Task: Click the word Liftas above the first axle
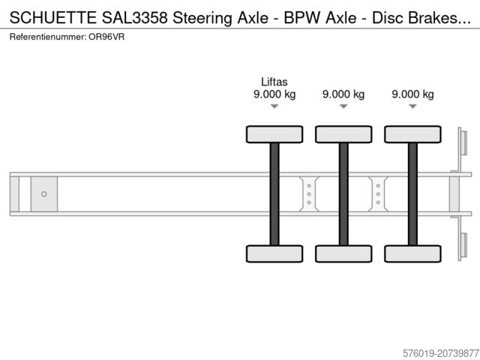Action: (x=274, y=82)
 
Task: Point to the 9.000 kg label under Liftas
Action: (x=274, y=94)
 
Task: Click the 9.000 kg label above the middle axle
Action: (x=343, y=94)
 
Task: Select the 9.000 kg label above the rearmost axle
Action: (x=412, y=94)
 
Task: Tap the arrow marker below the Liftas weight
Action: (x=274, y=106)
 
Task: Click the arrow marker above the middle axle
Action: (x=343, y=106)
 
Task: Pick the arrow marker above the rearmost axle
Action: (x=412, y=106)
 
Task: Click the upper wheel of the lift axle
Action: (x=274, y=134)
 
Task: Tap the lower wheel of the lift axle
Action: (x=274, y=253)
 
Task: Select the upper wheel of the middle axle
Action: (x=343, y=134)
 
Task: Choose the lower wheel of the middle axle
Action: (x=343, y=253)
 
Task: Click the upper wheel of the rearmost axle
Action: (x=412, y=134)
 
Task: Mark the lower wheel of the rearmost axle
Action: (x=412, y=253)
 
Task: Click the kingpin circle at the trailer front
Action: (x=44, y=194)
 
